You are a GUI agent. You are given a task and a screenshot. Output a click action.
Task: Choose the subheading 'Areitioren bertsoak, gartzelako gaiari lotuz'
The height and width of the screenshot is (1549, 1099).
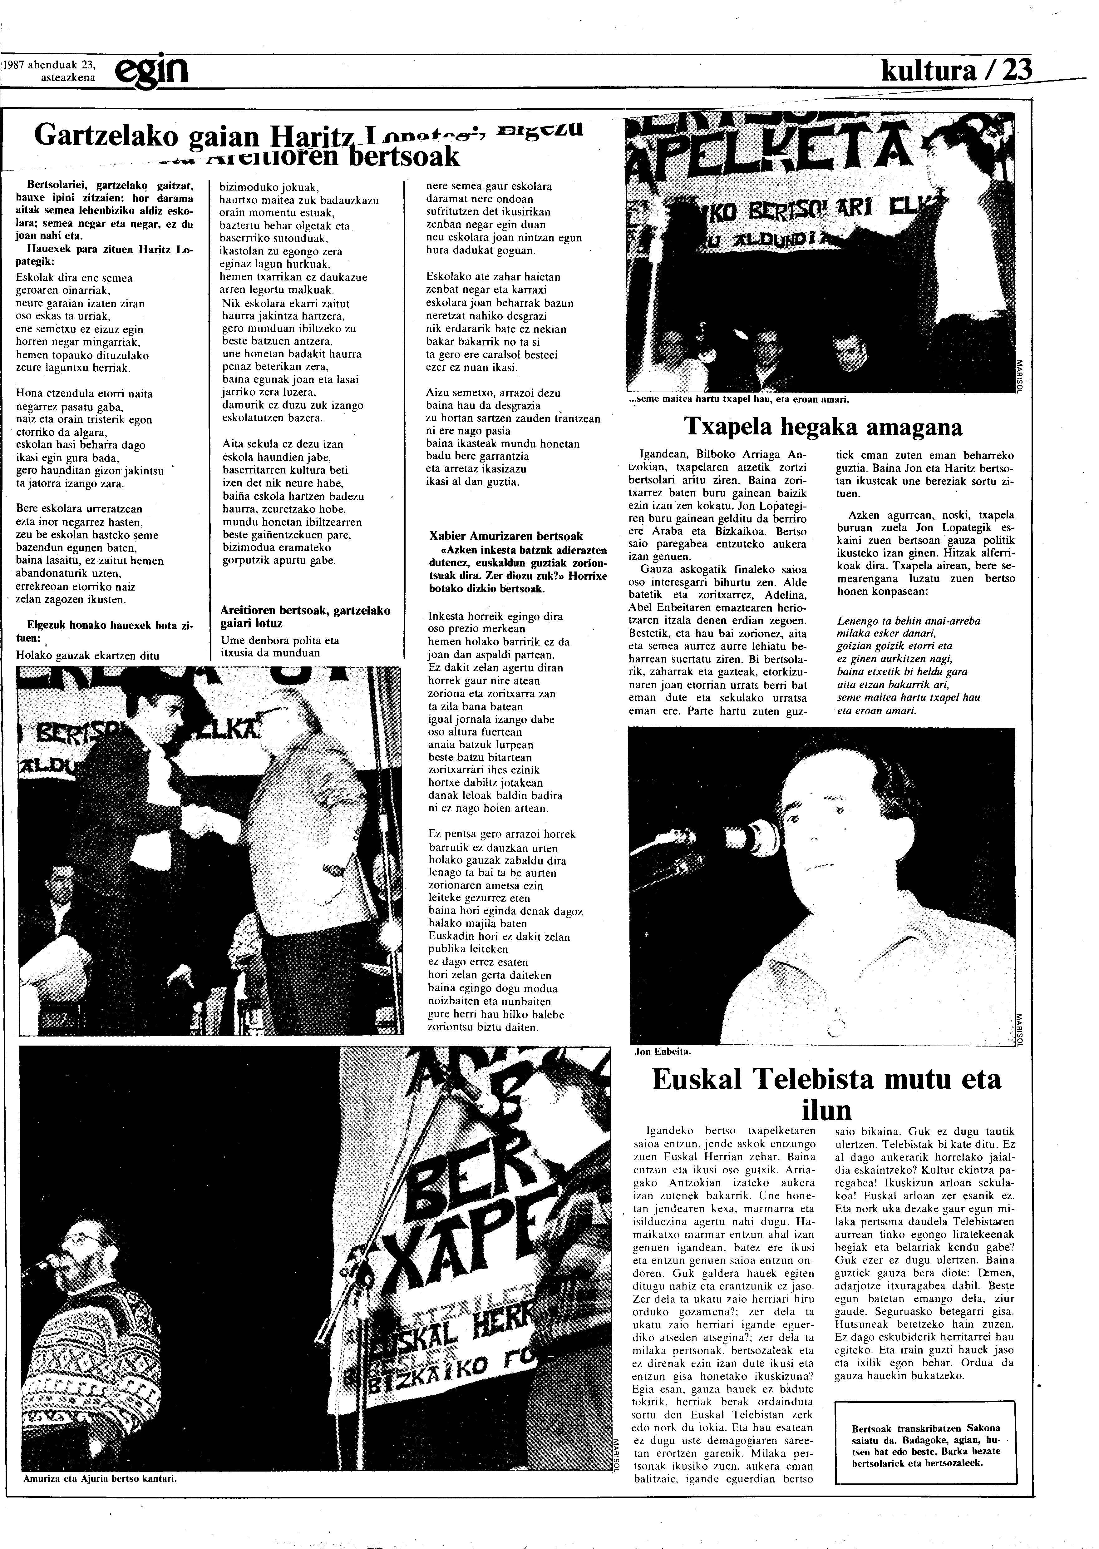(305, 616)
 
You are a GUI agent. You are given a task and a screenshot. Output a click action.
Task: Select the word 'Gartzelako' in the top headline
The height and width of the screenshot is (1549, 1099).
(106, 135)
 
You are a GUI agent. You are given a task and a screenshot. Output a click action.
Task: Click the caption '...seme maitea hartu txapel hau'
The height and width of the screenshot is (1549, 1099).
(738, 399)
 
